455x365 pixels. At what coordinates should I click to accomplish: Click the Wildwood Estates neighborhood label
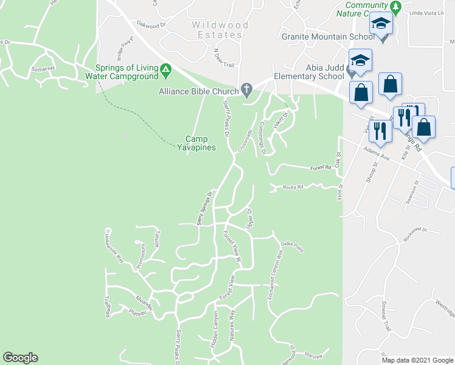(220, 30)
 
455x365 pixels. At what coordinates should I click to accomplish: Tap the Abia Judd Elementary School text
(309, 72)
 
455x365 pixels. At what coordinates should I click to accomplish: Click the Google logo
(20, 358)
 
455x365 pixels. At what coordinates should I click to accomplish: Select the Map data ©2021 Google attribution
(417, 360)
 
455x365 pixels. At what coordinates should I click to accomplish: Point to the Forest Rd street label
(319, 166)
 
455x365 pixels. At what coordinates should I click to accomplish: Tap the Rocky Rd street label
(293, 187)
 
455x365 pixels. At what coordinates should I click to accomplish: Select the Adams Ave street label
(376, 153)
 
